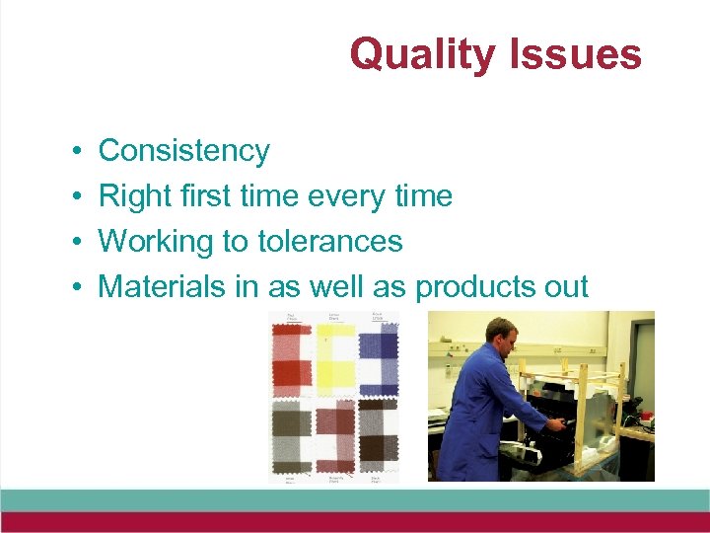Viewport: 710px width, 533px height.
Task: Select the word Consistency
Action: (183, 151)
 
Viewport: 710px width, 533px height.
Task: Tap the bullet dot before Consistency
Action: (76, 152)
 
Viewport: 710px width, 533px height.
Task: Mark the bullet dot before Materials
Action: (76, 288)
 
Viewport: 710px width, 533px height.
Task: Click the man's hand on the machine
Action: (556, 424)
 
